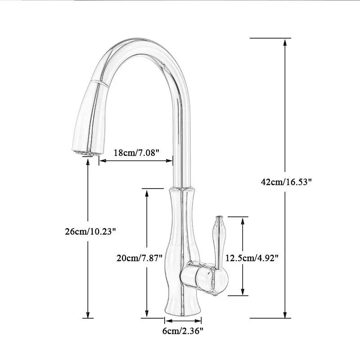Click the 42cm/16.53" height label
pos(286,182)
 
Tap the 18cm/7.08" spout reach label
pos(136,153)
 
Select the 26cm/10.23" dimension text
pos(91,232)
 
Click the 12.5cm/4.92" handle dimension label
pos(252,258)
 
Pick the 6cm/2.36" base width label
pos(183,331)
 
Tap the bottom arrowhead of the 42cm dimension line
pos(284,315)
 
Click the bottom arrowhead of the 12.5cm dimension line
pos(243,293)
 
